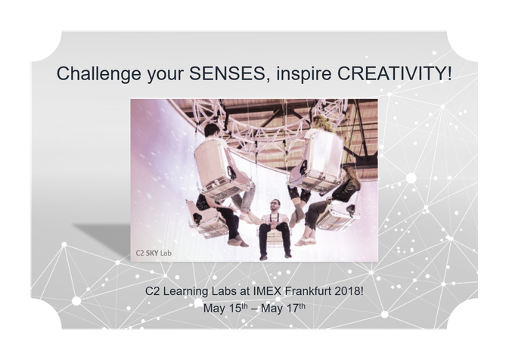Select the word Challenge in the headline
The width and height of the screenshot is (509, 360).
[x=99, y=74]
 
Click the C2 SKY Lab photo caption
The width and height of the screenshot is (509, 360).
[x=154, y=253]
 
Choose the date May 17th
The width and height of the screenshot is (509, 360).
[x=283, y=308]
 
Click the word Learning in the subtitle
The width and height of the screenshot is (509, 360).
[x=186, y=291]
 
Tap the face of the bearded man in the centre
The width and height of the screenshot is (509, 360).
[x=275, y=206]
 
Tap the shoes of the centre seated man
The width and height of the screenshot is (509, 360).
[x=275, y=256]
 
